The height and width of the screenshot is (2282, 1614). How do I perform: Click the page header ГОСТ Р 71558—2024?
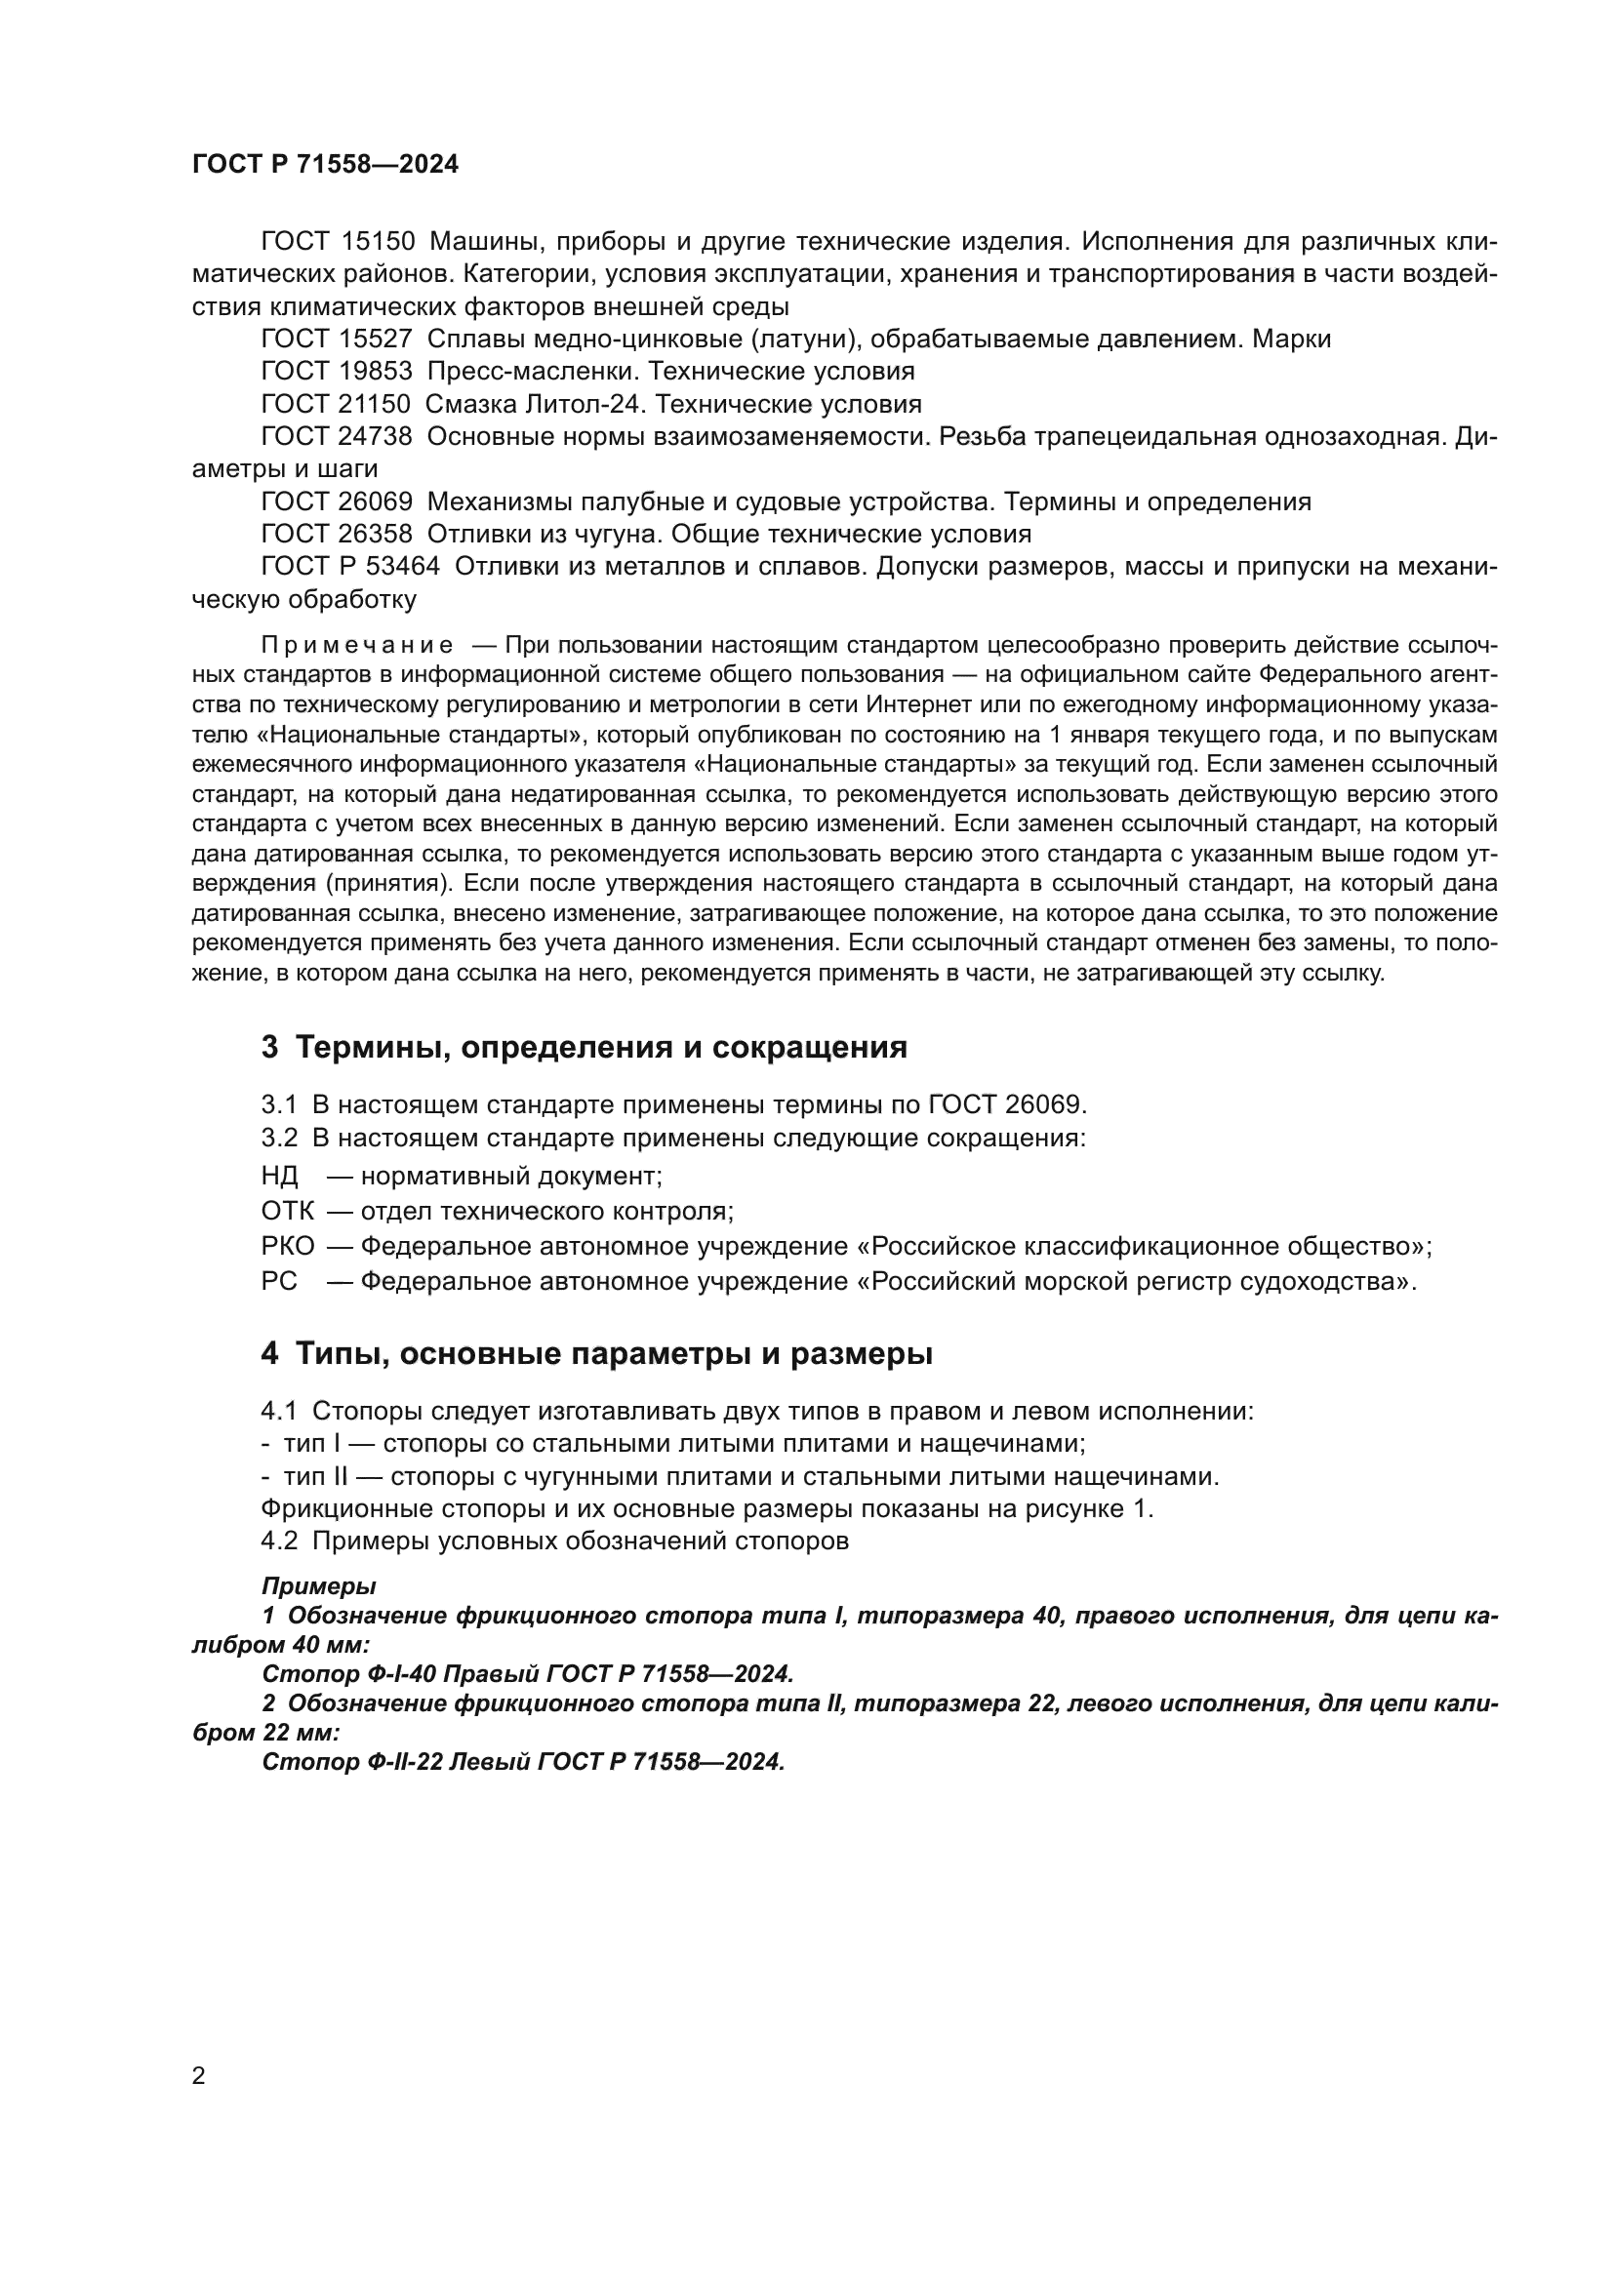pyautogui.click(x=325, y=165)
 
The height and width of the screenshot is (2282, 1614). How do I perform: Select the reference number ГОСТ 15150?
pyautogui.click(x=336, y=242)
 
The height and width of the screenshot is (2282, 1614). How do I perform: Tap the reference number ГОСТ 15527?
pyautogui.click(x=336, y=339)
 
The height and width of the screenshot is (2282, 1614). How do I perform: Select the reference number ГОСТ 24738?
pyautogui.click(x=336, y=437)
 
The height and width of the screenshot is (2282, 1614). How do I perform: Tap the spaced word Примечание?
pyautogui.click(x=358, y=646)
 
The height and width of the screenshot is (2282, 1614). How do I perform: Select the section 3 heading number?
pyautogui.click(x=269, y=1048)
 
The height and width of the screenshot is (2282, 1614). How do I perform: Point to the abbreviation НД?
pyautogui.click(x=279, y=1177)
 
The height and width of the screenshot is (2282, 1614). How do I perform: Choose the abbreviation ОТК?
pyautogui.click(x=287, y=1212)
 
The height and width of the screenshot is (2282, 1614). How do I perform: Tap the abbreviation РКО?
pyautogui.click(x=287, y=1246)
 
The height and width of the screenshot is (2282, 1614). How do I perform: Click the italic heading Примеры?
pyautogui.click(x=318, y=1587)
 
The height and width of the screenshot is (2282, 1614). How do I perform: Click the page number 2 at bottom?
pyautogui.click(x=199, y=2076)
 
